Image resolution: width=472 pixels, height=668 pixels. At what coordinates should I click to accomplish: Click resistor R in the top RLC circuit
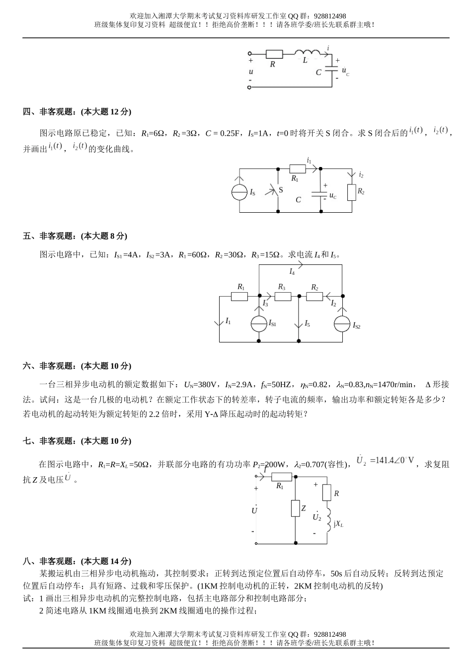point(274,54)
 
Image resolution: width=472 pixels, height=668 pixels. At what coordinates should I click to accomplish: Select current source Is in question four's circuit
point(239,192)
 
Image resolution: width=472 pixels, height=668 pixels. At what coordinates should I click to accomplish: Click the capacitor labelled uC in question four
point(319,193)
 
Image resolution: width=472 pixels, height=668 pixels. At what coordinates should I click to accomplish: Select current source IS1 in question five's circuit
point(259,324)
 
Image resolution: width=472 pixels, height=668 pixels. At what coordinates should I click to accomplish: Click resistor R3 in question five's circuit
point(282,296)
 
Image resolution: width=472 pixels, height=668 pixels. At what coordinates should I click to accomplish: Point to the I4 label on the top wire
point(292,271)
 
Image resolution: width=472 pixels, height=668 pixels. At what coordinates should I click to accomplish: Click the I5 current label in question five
point(307,324)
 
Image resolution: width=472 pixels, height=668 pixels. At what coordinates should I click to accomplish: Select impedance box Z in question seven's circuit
point(295,508)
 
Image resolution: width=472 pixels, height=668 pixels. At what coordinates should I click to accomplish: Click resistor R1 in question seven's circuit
point(281,477)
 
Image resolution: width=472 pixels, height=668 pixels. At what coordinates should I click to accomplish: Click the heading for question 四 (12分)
point(77,112)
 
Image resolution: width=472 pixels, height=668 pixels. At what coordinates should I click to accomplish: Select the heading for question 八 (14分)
point(77,561)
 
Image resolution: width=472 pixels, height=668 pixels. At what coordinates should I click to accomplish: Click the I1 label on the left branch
point(228,321)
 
